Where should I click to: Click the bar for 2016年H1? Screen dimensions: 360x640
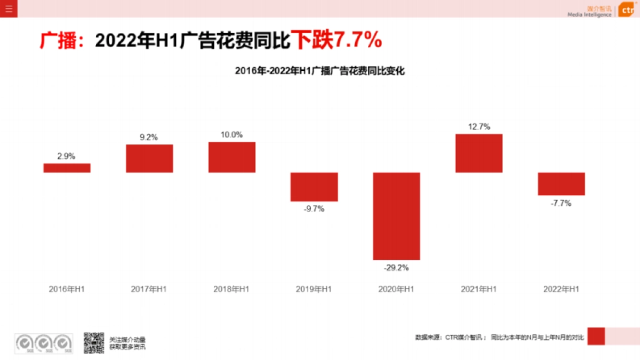pyautogui.click(x=67, y=168)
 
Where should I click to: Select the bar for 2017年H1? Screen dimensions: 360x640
pyautogui.click(x=149, y=158)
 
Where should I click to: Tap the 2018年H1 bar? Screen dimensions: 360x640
pyautogui.click(x=231, y=157)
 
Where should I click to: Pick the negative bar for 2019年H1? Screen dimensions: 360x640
pyautogui.click(x=314, y=187)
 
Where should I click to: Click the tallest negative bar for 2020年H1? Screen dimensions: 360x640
pyautogui.click(x=396, y=216)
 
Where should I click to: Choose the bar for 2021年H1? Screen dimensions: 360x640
pyautogui.click(x=479, y=153)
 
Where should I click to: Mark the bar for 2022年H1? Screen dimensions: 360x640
pyautogui.click(x=561, y=184)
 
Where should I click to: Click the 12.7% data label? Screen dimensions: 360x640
pyautogui.click(x=479, y=127)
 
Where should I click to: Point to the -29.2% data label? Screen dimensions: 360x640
pyautogui.click(x=396, y=268)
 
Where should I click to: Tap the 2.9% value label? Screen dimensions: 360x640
pyautogui.click(x=67, y=156)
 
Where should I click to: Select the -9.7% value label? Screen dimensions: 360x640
pyautogui.click(x=314, y=209)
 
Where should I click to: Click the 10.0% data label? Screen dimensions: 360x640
pyautogui.click(x=231, y=135)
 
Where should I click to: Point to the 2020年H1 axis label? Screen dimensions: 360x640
pyautogui.click(x=396, y=289)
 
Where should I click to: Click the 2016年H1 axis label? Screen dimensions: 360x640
pyautogui.click(x=67, y=289)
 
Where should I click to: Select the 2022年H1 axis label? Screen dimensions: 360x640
pyautogui.click(x=561, y=289)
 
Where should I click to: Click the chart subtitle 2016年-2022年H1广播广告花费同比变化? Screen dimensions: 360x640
pyautogui.click(x=320, y=71)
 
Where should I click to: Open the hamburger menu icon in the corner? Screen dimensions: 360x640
pyautogui.click(x=9, y=9)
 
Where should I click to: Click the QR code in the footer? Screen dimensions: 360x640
pyautogui.click(x=94, y=343)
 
